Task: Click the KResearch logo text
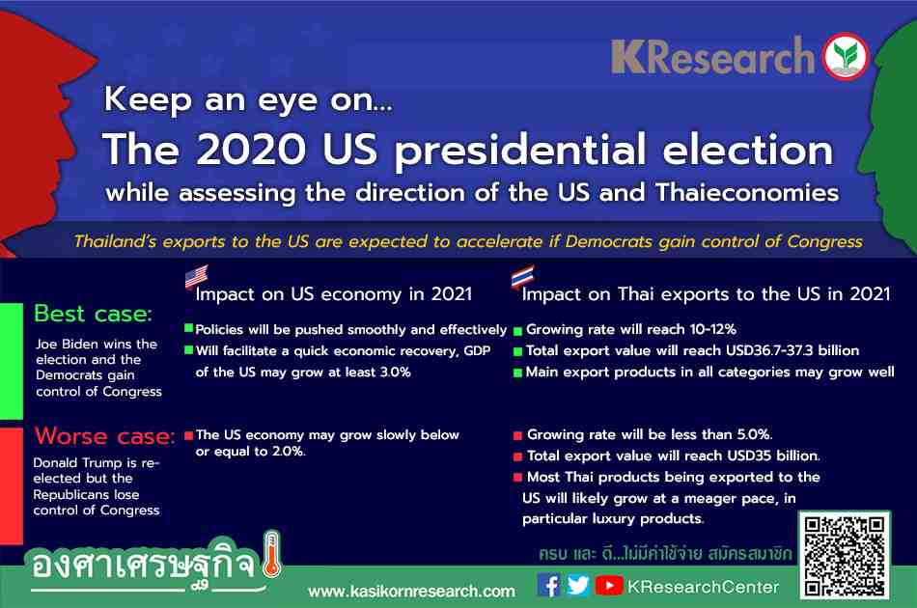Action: point(713,57)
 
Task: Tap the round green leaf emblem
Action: point(846,56)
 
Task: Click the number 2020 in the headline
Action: point(251,149)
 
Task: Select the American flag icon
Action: point(197,277)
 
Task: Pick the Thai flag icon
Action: point(522,277)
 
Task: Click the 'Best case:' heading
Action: point(93,314)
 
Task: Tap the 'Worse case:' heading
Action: point(104,436)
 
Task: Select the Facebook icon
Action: point(548,585)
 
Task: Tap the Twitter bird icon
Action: point(578,585)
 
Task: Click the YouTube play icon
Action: point(609,586)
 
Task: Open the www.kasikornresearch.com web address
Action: point(412,592)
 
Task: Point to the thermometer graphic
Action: point(271,554)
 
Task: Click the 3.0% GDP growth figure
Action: point(396,372)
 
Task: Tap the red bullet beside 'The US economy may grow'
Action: point(189,435)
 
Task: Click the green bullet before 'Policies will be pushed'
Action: point(189,328)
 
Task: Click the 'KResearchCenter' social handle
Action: point(703,587)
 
